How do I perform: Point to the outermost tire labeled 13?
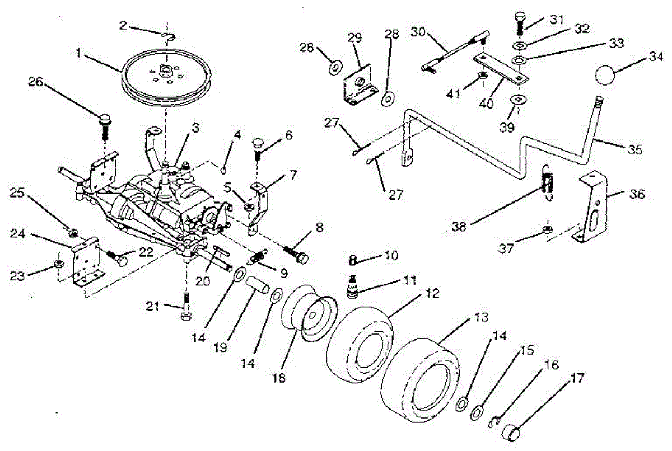coord(421,372)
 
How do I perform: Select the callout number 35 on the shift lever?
coord(634,150)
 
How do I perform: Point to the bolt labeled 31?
coord(519,22)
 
